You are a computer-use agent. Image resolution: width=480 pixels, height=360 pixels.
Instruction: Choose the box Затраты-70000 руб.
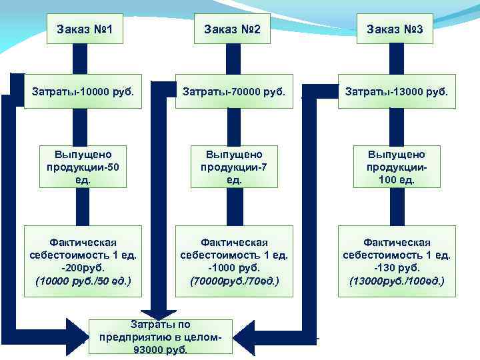click(233, 91)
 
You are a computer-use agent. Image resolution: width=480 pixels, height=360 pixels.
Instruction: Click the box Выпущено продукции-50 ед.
click(83, 167)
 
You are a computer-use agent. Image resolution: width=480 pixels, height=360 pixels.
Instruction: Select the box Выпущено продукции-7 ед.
click(233, 167)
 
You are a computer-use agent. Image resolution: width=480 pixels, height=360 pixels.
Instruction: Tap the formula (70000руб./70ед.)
click(233, 281)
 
